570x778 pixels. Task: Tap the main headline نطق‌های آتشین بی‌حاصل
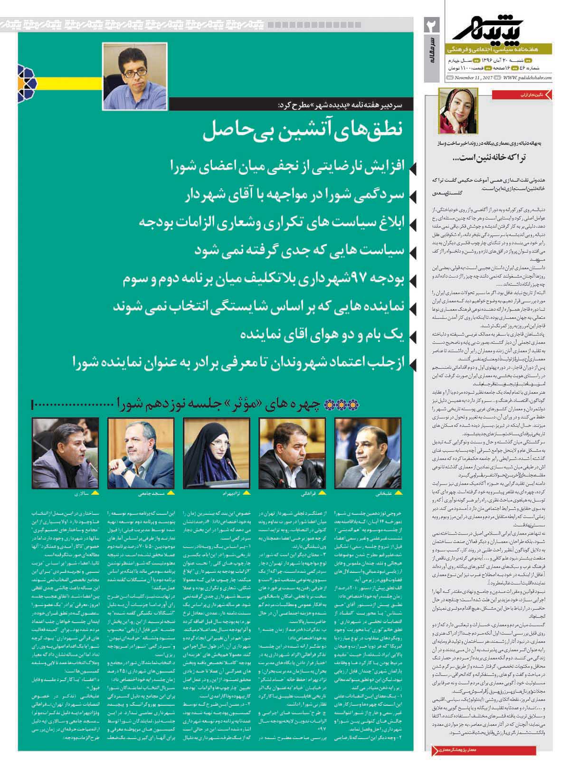(304, 132)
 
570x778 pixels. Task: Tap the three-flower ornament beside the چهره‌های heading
(332, 405)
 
